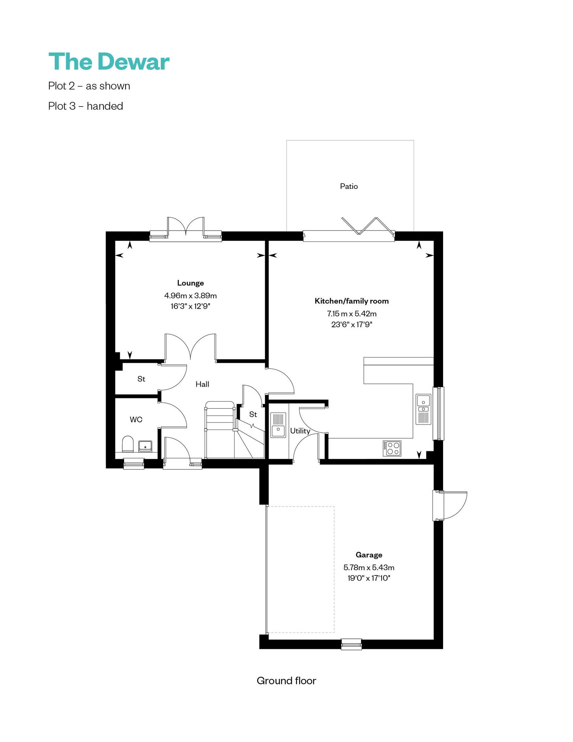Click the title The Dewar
pos(109,61)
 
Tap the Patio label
pos(349,186)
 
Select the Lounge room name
pos(190,283)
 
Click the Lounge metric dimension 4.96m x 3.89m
pos(190,296)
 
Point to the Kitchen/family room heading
pos(351,301)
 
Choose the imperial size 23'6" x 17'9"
pos(351,325)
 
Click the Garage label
pos(369,555)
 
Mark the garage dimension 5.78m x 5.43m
pos(369,567)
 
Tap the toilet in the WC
pos(128,444)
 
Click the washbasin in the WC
pos(145,446)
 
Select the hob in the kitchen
pos(392,448)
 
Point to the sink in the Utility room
pos(278,425)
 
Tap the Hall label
pos(202,384)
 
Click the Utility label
pos(300,431)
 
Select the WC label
pos(136,420)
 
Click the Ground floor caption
pos(286,681)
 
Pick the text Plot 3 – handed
pos(86,106)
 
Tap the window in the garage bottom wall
pos(351,644)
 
